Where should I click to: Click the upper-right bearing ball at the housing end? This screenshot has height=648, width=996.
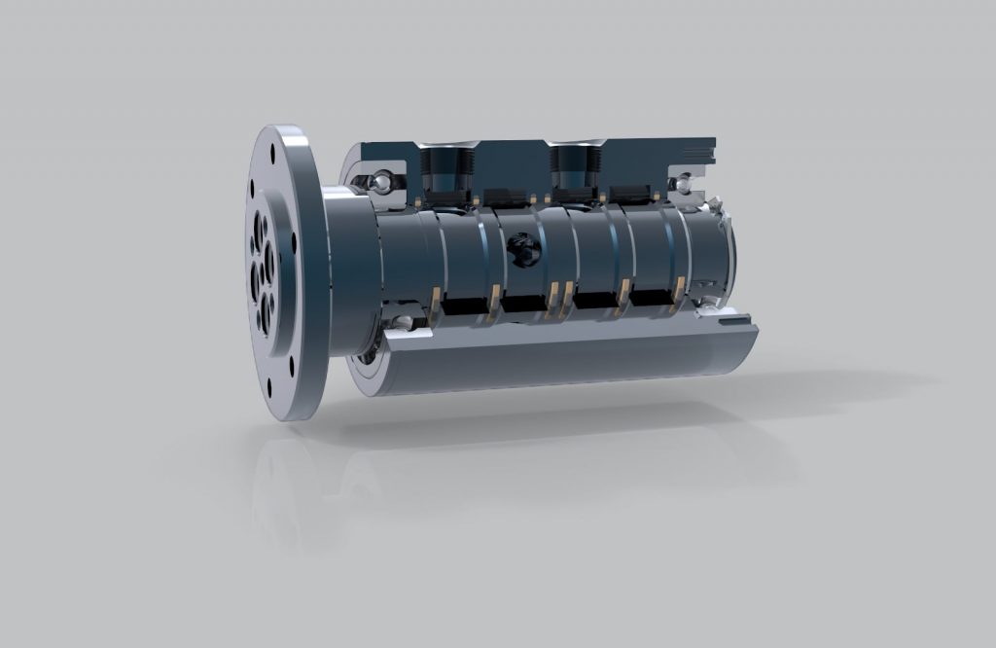(685, 182)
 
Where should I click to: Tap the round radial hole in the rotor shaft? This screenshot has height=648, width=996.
(522, 248)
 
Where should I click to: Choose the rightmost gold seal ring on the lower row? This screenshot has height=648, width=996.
(678, 290)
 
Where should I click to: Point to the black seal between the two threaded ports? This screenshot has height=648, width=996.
(504, 194)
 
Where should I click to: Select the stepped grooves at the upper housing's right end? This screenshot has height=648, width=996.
(699, 150)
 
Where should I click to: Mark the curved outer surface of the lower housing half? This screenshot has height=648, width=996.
(564, 360)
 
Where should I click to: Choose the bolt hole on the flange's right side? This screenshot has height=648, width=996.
(293, 239)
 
